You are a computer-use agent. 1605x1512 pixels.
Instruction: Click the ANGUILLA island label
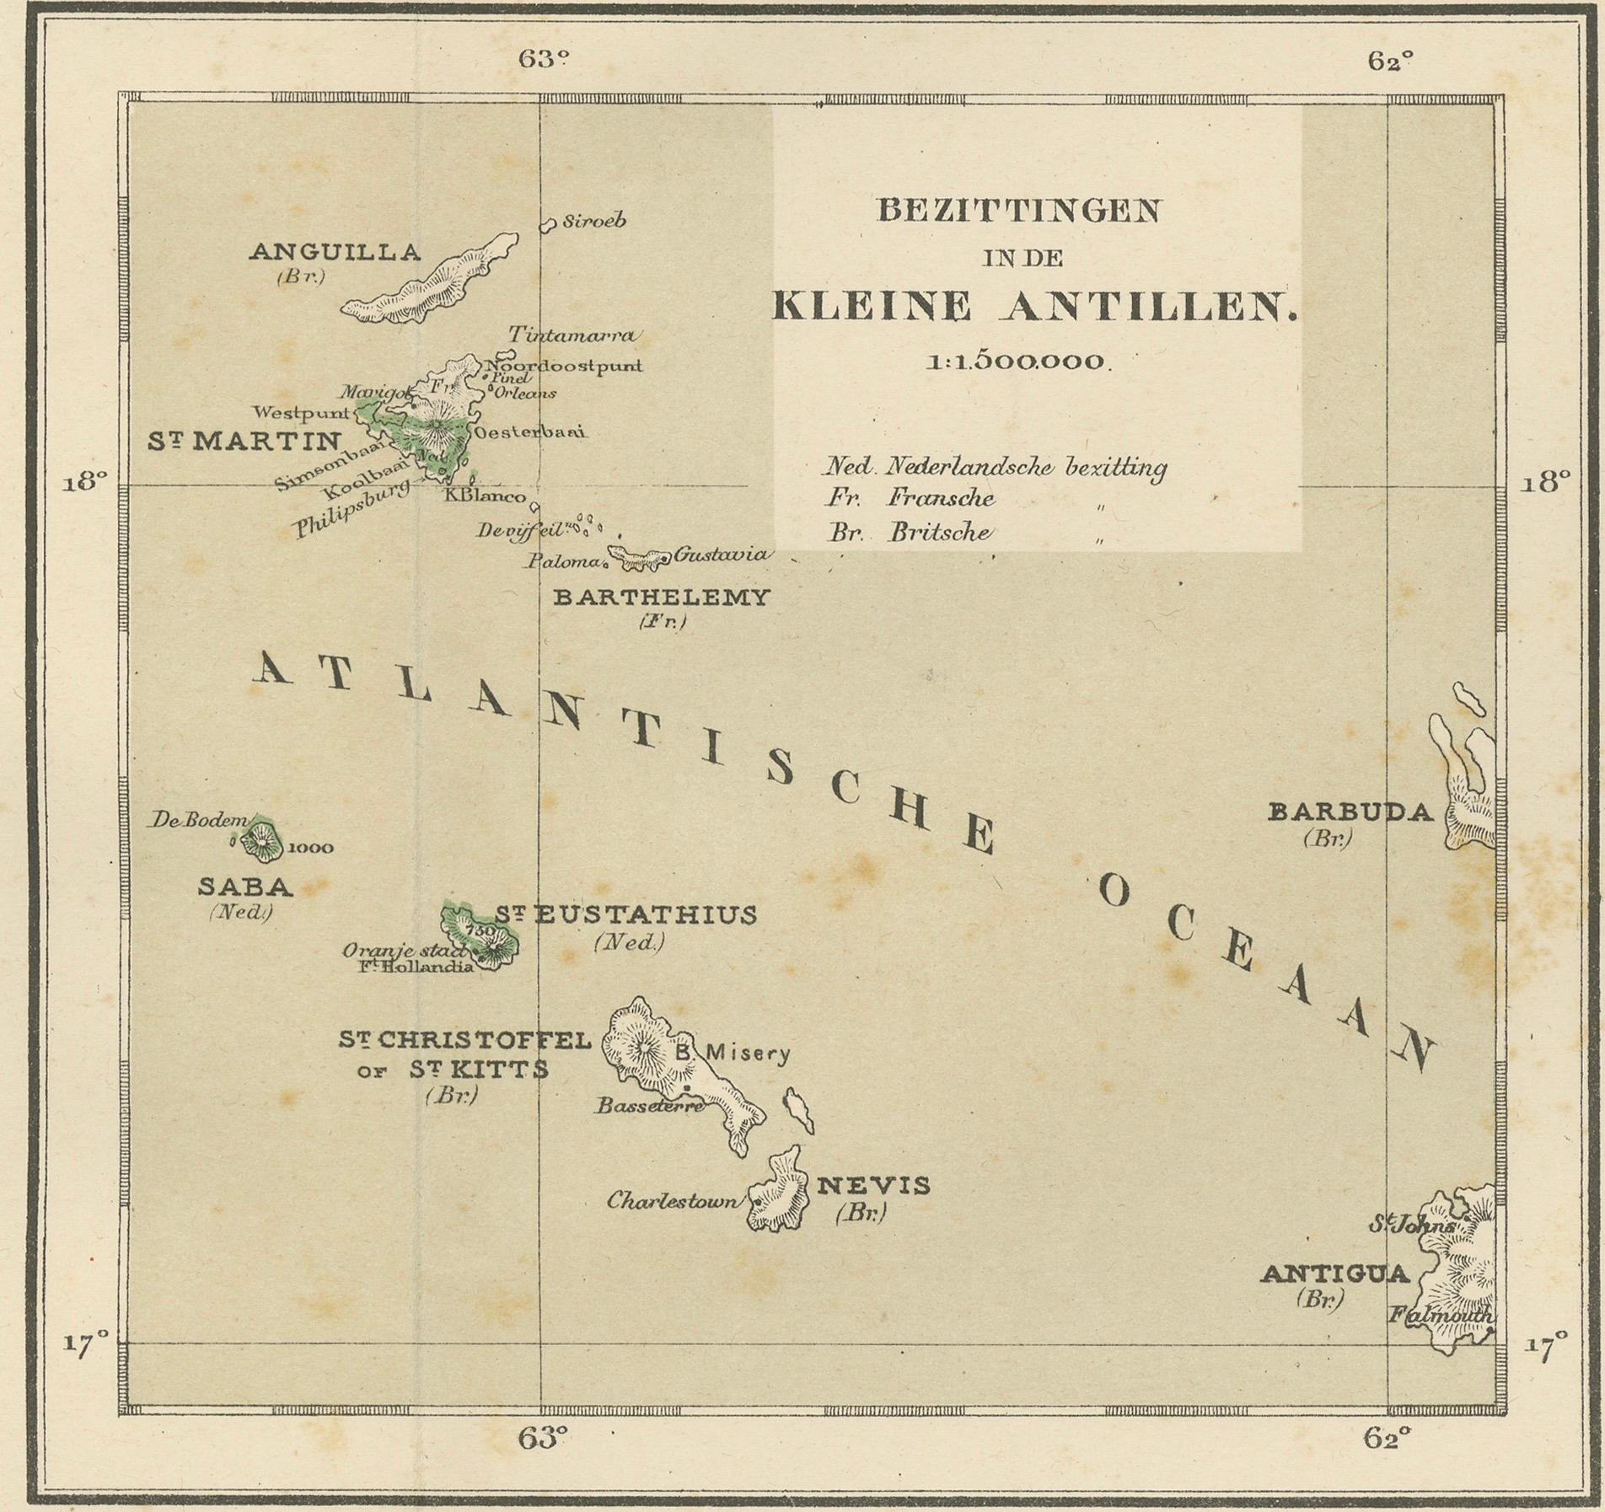335,252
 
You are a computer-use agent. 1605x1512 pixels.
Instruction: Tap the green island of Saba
262,840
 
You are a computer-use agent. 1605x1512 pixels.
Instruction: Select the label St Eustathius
625,915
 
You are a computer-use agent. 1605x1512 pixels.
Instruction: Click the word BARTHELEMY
661,598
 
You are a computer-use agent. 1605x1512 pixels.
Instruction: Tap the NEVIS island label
874,1186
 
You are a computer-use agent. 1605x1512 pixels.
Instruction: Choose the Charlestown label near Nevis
672,1200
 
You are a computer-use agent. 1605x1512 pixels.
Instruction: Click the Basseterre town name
649,1106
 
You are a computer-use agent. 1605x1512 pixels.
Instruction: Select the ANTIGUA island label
1334,1273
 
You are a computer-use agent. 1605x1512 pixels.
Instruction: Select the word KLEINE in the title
872,307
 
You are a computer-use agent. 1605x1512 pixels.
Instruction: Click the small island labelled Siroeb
548,224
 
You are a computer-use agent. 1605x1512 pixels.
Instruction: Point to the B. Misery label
733,1052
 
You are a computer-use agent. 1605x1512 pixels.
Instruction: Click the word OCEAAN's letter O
1114,891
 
